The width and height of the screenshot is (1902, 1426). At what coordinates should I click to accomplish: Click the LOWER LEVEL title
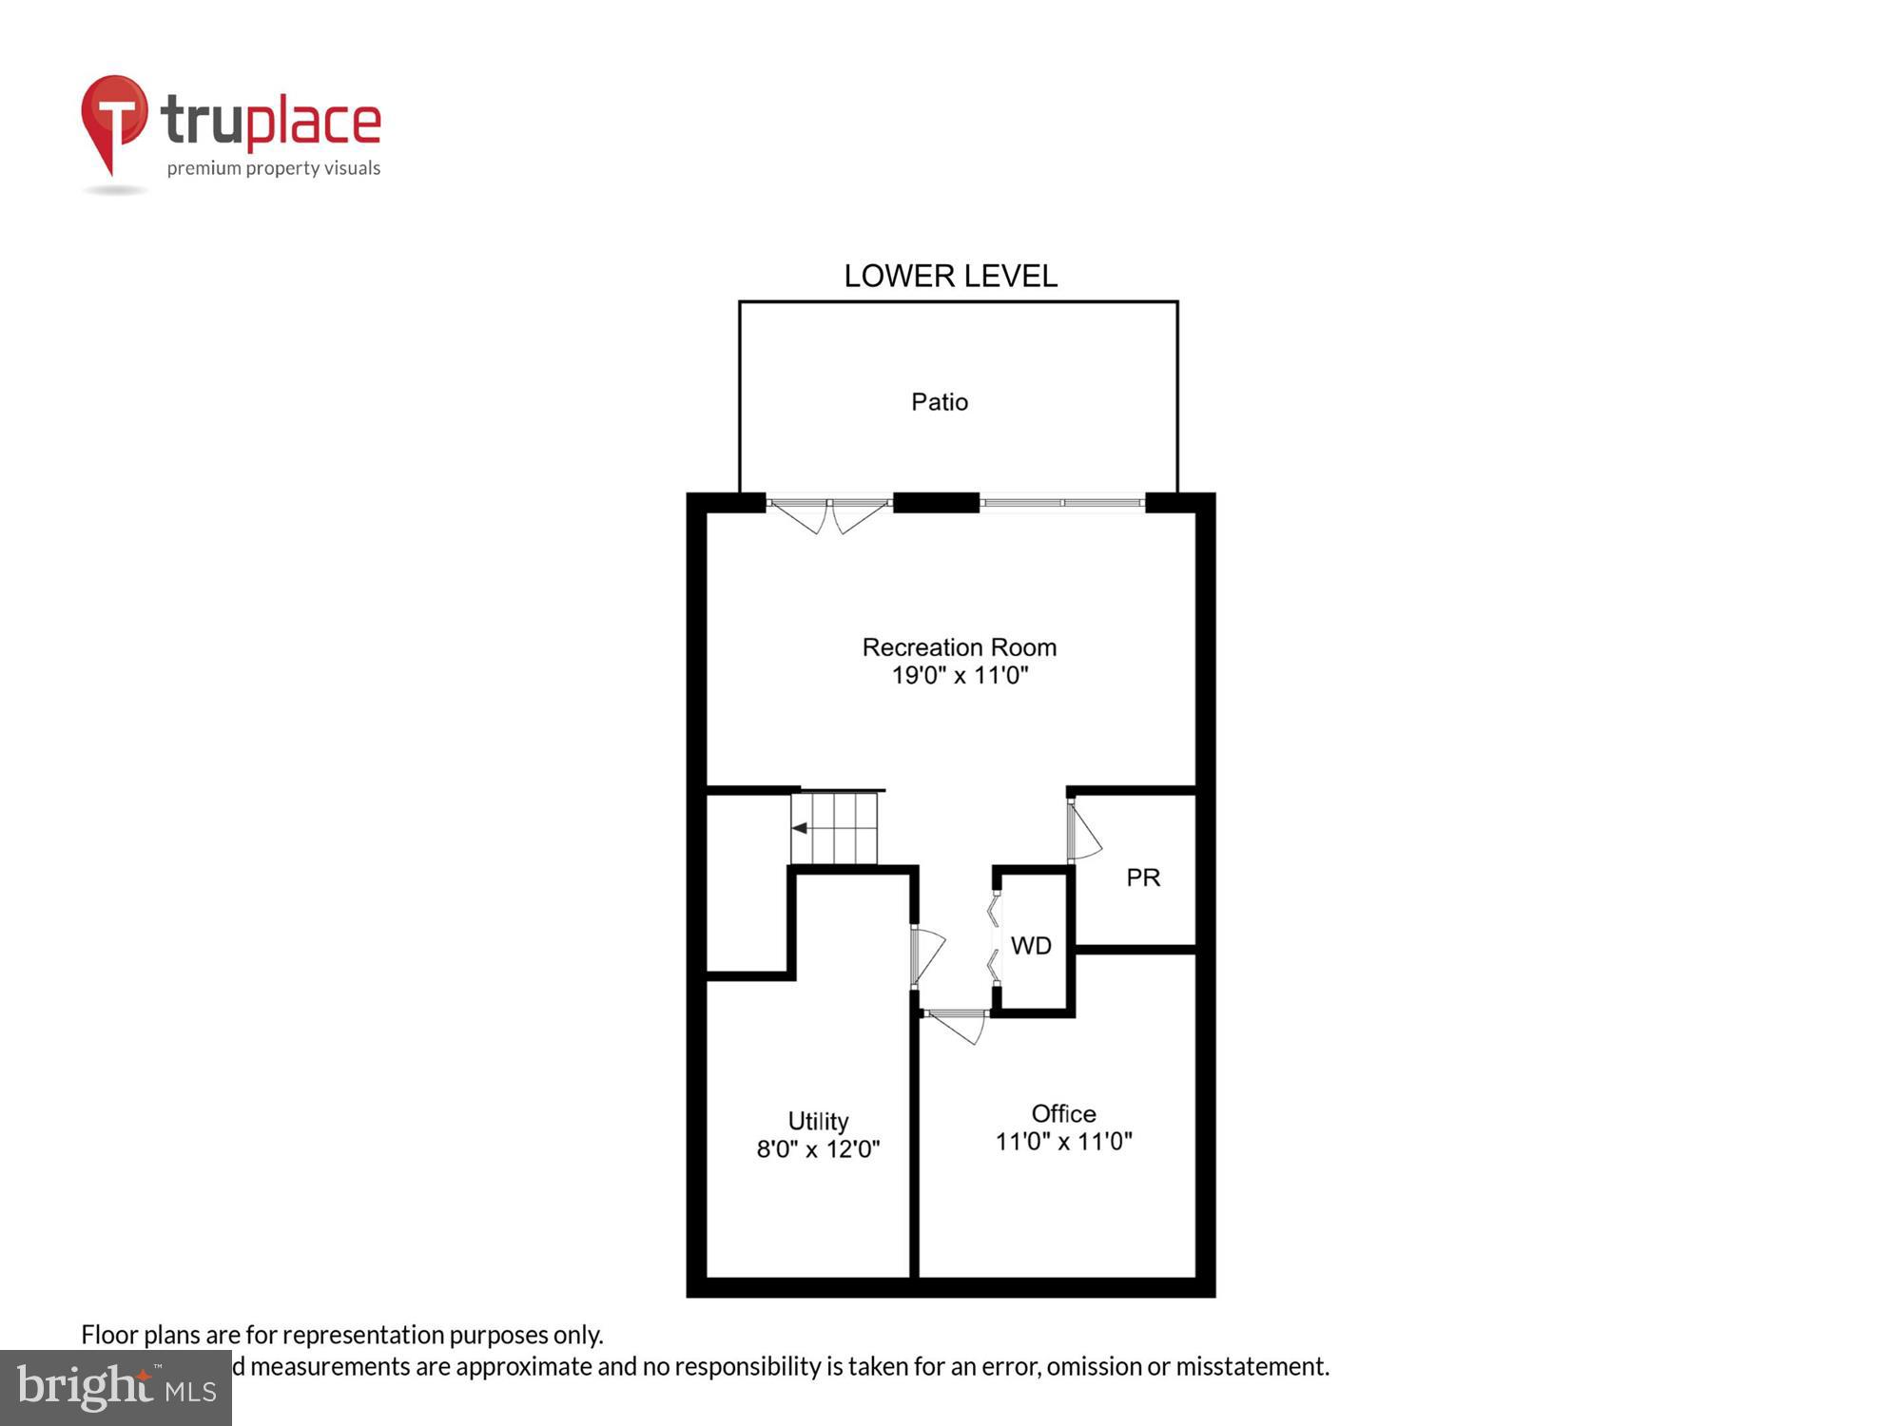click(x=950, y=277)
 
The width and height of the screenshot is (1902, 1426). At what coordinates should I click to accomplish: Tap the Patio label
click(x=940, y=402)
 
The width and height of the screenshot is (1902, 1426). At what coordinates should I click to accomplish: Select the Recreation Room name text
click(x=959, y=647)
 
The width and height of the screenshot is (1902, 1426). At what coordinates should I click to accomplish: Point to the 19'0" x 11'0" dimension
click(x=959, y=676)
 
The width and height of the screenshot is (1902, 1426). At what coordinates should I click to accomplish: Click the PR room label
click(x=1143, y=877)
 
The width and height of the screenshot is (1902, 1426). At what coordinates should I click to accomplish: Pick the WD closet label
click(x=1031, y=946)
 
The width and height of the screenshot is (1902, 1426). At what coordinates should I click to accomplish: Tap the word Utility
click(x=818, y=1121)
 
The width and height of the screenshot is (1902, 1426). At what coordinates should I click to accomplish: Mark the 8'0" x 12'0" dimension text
click(x=818, y=1149)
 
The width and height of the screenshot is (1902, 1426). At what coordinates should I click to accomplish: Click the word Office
click(x=1063, y=1113)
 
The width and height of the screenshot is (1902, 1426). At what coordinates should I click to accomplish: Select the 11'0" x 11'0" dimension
click(x=1063, y=1142)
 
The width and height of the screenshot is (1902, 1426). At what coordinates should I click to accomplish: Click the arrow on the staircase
click(x=800, y=828)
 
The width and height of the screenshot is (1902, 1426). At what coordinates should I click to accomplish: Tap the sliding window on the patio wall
click(x=1062, y=502)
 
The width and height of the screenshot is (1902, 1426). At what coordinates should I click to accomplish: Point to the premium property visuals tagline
click(x=274, y=169)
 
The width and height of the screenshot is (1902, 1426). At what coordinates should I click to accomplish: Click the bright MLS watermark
click(x=116, y=1388)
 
